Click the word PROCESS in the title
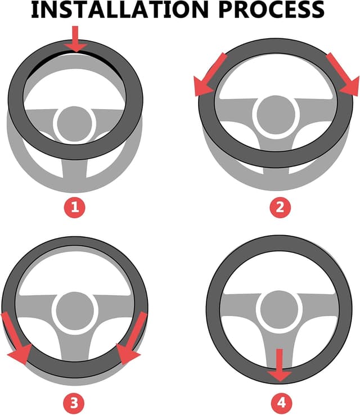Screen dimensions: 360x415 click(272, 10)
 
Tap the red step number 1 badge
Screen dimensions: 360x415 click(75, 207)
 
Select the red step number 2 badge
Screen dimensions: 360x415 click(280, 207)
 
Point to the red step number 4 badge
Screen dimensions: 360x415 click(282, 403)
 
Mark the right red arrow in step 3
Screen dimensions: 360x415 click(130, 339)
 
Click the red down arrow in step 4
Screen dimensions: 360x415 click(280, 366)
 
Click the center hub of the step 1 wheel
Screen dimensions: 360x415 click(74, 123)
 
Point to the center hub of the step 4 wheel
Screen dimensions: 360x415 click(280, 309)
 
